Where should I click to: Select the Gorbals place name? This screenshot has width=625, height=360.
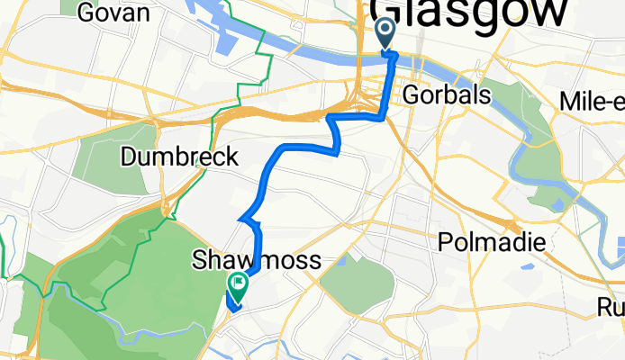point(448,94)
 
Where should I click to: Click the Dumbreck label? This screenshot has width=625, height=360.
point(179,157)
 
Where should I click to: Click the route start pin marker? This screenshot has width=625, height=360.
point(385,33)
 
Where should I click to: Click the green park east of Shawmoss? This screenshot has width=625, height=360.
point(358,283)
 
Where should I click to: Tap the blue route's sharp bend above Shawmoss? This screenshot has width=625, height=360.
point(241,219)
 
